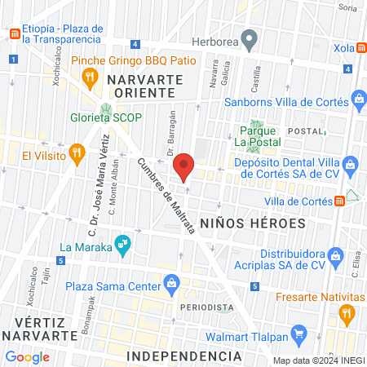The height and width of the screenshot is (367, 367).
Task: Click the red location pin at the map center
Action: coord(184,166)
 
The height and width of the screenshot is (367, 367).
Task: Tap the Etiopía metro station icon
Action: coord(14,33)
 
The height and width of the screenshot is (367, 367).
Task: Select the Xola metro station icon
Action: coord(360,47)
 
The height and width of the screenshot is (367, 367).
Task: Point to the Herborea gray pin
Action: coord(250,38)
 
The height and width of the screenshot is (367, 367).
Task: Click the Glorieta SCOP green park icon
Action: coord(105,109)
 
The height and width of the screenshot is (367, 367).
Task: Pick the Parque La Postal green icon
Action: coord(254,130)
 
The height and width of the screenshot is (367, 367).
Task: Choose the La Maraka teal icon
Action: coord(122,243)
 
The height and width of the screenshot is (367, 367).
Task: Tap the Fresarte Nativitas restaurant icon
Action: coord(347,313)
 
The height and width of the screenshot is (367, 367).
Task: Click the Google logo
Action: coord(27,356)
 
